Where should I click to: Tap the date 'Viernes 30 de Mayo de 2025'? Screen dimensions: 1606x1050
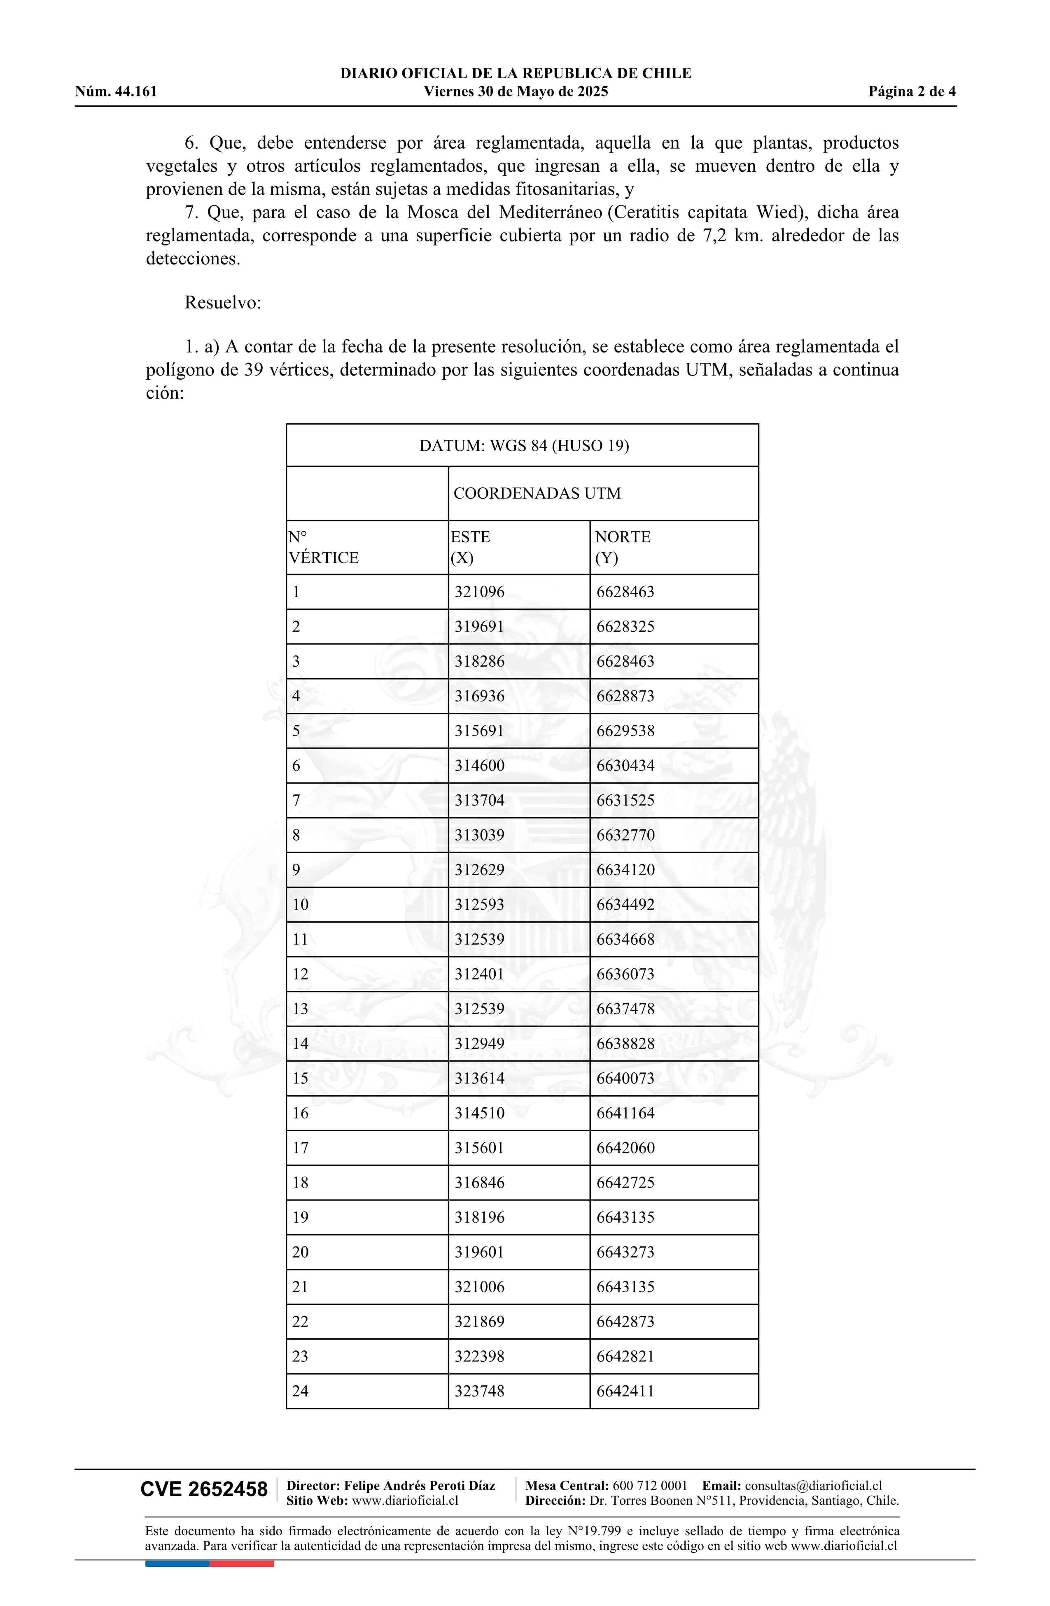click(x=516, y=92)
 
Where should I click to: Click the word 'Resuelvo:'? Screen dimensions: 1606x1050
click(x=223, y=302)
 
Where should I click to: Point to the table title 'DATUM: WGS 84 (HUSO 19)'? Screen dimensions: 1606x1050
click(x=524, y=446)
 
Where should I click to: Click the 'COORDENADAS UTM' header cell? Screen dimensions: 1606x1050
click(x=537, y=493)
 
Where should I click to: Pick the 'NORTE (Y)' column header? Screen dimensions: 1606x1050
click(x=622, y=547)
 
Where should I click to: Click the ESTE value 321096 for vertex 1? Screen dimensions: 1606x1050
click(x=479, y=592)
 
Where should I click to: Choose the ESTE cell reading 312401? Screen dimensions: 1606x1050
click(x=479, y=974)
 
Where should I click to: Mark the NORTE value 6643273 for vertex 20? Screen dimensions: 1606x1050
click(x=625, y=1252)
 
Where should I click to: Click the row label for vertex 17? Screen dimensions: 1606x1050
click(x=300, y=1148)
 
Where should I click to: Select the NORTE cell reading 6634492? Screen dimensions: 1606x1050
click(x=625, y=905)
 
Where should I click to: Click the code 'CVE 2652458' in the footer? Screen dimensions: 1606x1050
click(x=204, y=1489)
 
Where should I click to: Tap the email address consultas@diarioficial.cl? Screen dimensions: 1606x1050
click(x=813, y=1485)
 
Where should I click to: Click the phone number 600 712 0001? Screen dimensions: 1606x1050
click(x=650, y=1485)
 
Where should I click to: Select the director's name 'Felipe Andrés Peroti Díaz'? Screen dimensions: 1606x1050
click(x=419, y=1485)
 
